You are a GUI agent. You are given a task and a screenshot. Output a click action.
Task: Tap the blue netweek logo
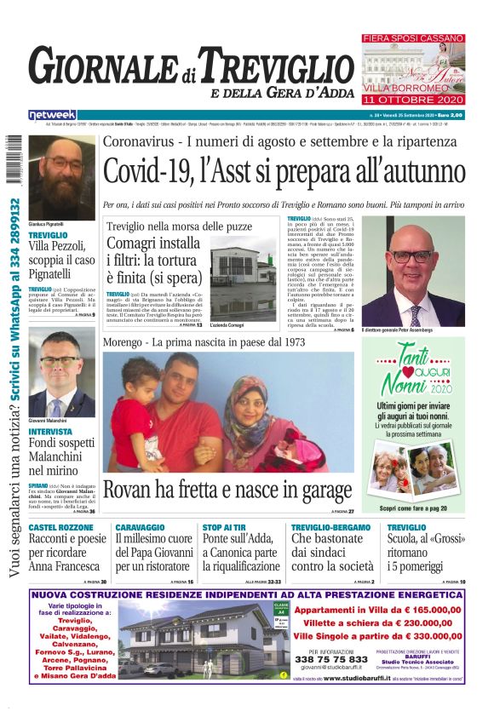52,114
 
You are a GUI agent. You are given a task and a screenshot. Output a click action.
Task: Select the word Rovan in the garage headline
131,490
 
